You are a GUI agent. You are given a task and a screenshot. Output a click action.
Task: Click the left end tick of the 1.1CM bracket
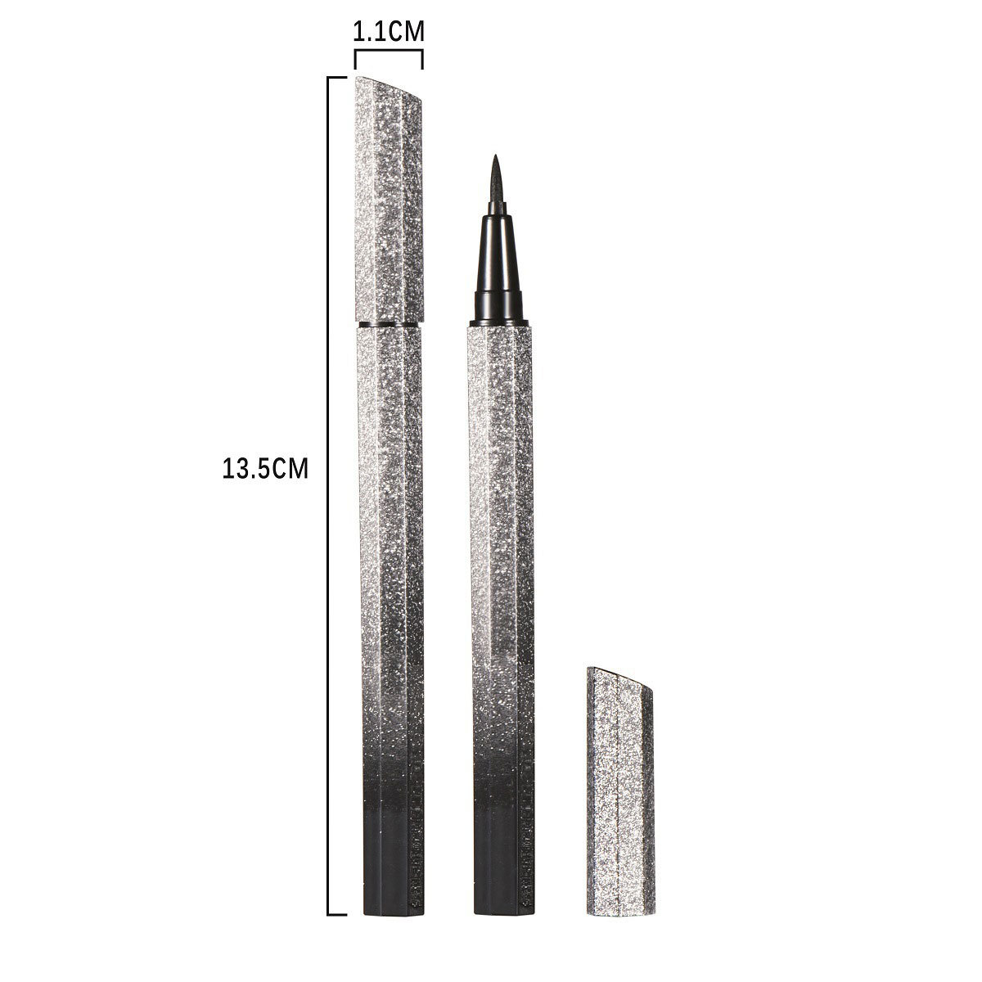[x=355, y=61]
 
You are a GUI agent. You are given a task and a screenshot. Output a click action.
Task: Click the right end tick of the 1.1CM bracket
[x=422, y=61]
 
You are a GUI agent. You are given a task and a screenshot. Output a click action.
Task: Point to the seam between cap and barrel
[x=392, y=325]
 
